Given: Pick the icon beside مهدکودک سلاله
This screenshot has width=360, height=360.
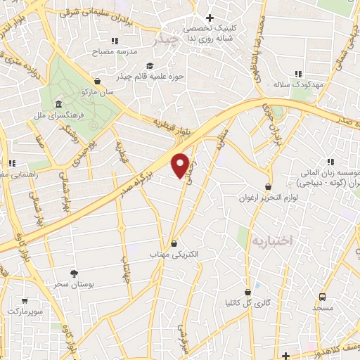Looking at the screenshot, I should tap(298, 73).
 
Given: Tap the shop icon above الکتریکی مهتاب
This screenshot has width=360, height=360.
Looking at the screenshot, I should tap(174, 243).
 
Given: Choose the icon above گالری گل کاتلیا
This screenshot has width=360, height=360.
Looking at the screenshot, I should tap(247, 291).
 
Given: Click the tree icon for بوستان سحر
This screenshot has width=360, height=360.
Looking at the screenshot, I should tap(74, 273).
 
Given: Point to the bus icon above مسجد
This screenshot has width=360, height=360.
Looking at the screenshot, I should tap(323, 297).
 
